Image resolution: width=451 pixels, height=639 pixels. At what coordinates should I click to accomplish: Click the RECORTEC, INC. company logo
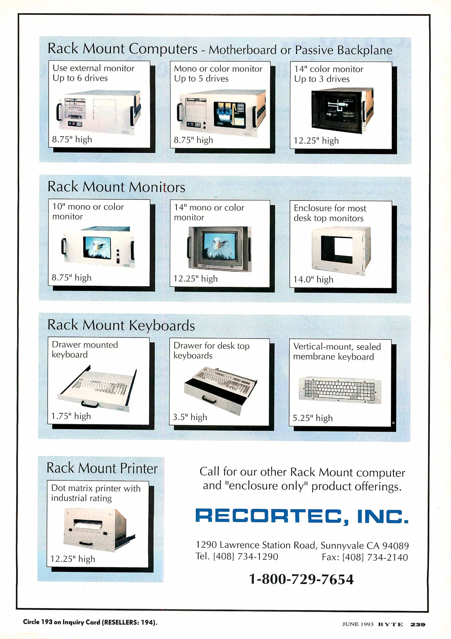click(302, 516)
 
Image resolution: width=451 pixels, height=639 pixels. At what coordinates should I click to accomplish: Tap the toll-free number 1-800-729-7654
click(301, 579)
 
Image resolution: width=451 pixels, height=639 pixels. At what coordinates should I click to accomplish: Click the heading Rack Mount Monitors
click(116, 187)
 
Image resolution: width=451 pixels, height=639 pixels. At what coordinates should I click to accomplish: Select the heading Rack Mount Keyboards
click(121, 325)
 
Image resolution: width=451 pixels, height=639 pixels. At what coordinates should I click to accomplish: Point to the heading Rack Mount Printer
click(102, 468)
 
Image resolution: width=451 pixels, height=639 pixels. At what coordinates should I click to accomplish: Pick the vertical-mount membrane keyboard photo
click(340, 390)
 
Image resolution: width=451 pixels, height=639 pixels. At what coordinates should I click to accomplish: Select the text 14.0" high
click(313, 280)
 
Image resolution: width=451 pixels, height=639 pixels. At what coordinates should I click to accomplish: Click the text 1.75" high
click(71, 416)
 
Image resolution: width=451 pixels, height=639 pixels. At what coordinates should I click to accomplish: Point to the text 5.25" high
click(313, 418)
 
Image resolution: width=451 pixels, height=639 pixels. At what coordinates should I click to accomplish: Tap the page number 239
click(418, 625)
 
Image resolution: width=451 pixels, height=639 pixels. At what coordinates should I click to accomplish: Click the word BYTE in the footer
click(390, 625)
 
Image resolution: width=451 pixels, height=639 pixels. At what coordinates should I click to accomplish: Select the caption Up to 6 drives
click(80, 78)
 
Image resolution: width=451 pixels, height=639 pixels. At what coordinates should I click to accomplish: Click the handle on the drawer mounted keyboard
click(90, 404)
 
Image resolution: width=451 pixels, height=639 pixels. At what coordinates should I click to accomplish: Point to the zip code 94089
click(395, 546)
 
